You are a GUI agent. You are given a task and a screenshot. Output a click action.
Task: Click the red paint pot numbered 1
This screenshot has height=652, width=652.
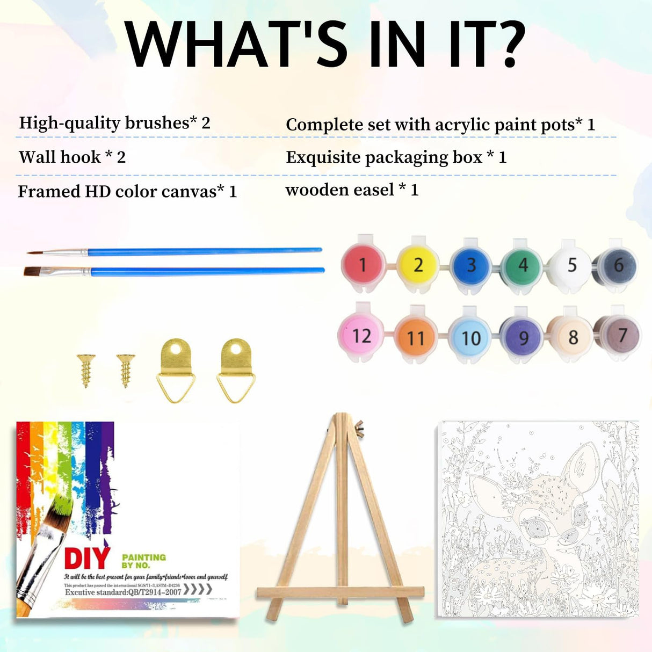(x=363, y=265)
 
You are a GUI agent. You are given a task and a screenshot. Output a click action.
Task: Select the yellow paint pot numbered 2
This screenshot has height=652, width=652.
(x=418, y=265)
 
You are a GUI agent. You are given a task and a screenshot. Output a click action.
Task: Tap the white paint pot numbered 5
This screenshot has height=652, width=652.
(x=571, y=265)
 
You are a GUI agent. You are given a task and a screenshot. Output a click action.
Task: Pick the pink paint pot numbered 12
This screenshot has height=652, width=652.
(x=361, y=336)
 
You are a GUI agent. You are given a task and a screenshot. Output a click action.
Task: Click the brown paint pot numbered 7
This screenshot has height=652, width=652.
(x=621, y=336)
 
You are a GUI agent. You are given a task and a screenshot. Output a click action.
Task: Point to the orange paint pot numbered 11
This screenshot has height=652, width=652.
(x=416, y=338)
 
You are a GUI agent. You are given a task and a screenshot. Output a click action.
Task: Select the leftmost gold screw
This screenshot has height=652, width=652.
(x=85, y=369)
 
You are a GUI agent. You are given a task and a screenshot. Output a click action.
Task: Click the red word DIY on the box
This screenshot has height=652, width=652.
(x=87, y=559)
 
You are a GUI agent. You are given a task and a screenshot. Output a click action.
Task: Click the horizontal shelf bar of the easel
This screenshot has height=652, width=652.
(x=340, y=593)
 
